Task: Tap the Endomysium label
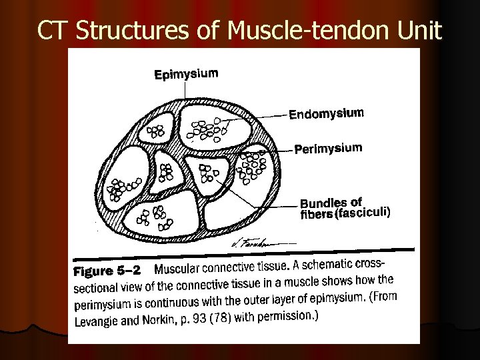[327, 114]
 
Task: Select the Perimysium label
[328, 148]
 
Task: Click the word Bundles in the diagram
[323, 203]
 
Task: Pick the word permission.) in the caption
[290, 315]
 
